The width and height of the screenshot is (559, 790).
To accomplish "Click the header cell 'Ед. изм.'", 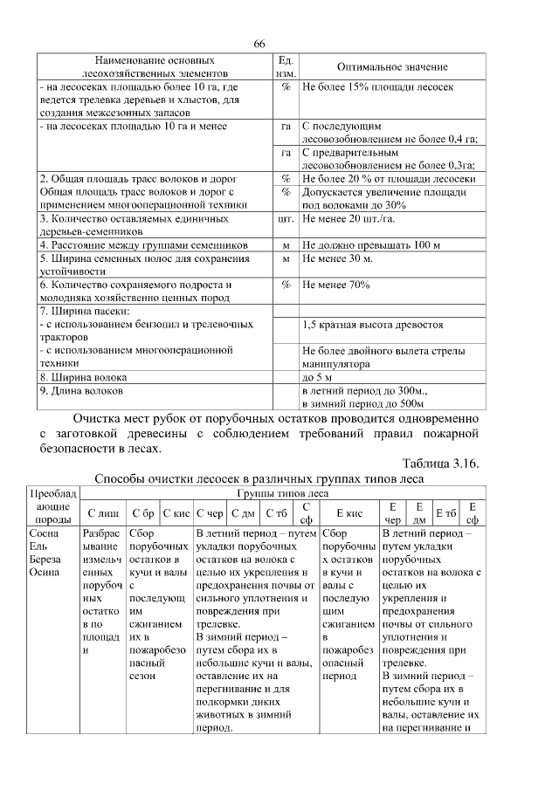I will click(x=286, y=67).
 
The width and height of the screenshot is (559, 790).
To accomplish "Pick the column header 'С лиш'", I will click(x=101, y=513).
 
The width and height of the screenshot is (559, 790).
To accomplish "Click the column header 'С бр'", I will click(x=142, y=513).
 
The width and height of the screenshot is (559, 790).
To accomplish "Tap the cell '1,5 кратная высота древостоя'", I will click(x=372, y=325).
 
